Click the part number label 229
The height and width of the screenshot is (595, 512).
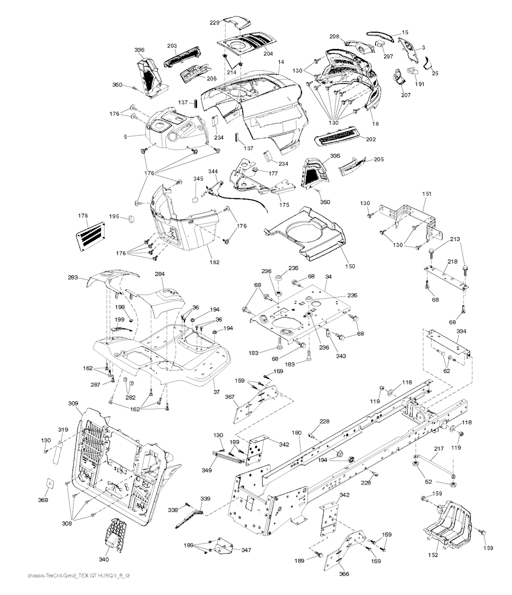pos(215,23)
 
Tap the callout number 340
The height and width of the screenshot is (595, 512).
pos(103,559)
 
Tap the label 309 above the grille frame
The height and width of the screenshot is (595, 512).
pos(73,403)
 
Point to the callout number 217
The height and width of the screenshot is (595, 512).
pos(438,448)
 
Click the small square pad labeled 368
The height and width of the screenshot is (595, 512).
pos(50,483)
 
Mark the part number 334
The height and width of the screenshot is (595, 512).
pos(461,331)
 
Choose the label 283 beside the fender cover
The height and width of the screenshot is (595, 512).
pos(73,277)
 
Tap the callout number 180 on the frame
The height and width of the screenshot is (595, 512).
pos(296,432)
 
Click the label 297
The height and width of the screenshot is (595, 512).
pos(388,56)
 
